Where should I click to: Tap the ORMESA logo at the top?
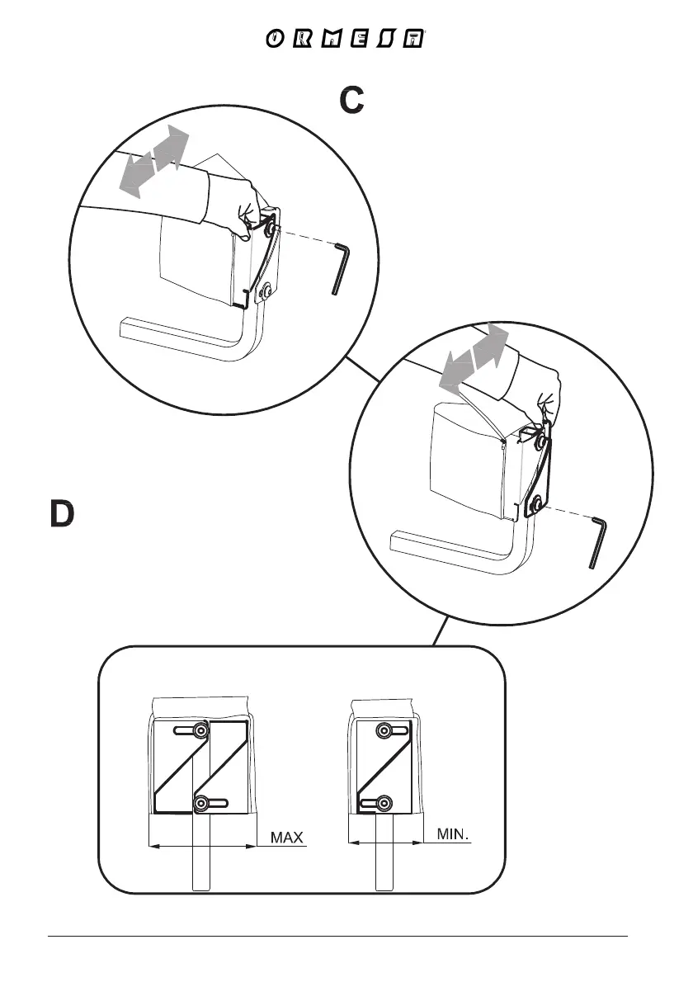(x=346, y=40)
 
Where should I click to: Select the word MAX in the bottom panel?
(x=289, y=838)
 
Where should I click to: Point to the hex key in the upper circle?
(x=342, y=267)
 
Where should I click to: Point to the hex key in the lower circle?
(x=598, y=541)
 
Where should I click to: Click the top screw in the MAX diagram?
(x=200, y=731)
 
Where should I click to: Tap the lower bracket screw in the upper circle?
(x=264, y=291)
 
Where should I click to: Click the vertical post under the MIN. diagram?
(x=384, y=866)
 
